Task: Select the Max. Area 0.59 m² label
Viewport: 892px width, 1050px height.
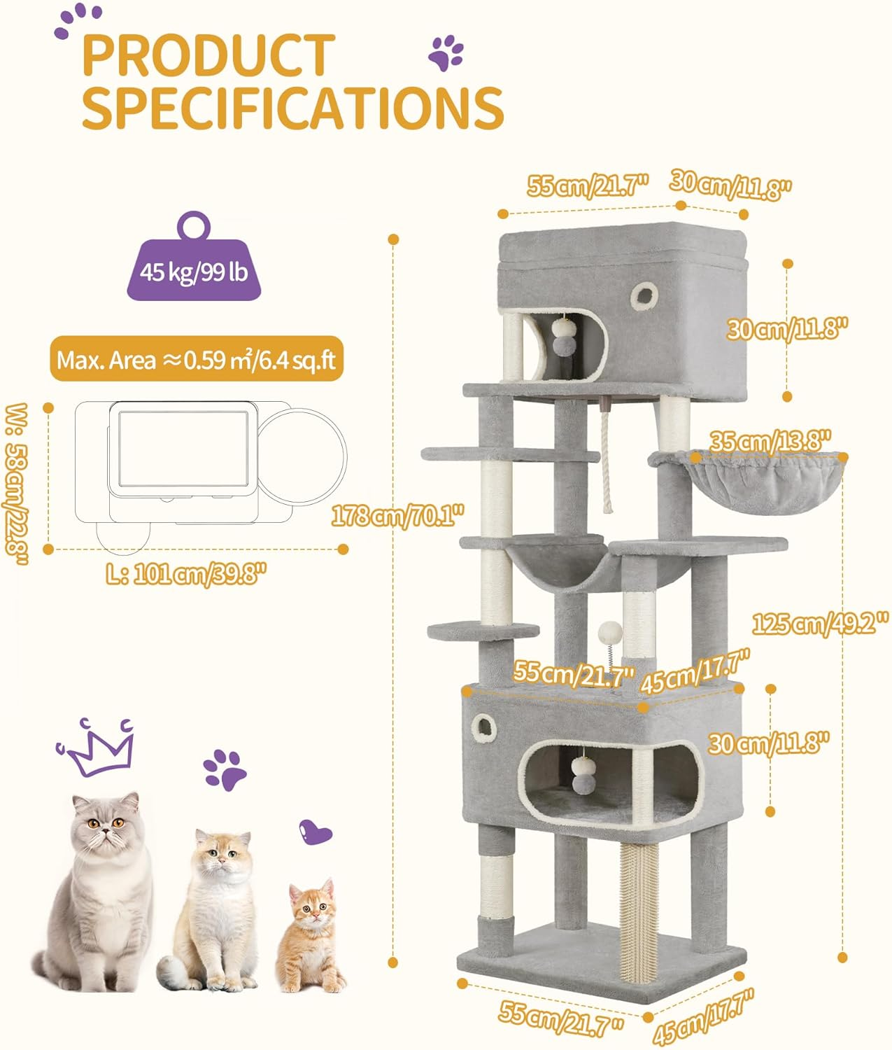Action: point(197,360)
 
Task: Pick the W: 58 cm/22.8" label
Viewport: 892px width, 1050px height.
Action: point(17,484)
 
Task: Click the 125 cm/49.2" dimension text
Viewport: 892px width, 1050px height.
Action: point(820,622)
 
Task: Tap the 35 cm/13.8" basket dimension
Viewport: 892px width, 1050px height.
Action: point(770,442)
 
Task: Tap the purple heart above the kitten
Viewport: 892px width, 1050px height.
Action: point(315,832)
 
